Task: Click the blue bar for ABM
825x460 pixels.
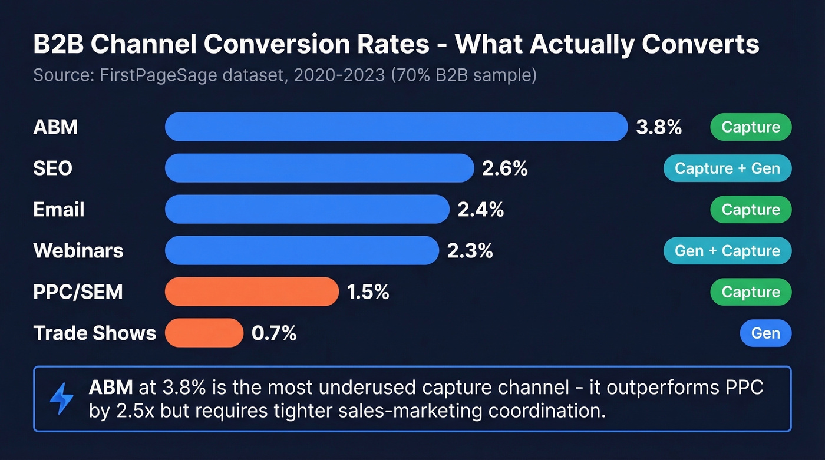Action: [396, 127]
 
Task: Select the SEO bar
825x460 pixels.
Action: [319, 168]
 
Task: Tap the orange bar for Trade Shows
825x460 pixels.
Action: [204, 333]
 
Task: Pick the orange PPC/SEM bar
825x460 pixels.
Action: [252, 292]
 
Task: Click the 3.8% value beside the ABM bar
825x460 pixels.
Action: [659, 127]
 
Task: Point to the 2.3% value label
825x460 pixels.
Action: [470, 250]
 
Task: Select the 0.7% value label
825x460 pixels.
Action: [274, 333]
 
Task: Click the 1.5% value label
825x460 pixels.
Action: [368, 292]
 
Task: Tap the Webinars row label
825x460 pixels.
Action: [78, 250]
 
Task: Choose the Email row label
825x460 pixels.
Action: [59, 209]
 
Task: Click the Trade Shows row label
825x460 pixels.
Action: [95, 333]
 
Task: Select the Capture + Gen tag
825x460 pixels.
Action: [727, 168]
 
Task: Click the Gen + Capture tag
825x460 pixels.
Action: [727, 250]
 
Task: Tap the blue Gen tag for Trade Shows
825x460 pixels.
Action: [765, 333]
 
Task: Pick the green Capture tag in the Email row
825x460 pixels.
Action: [751, 209]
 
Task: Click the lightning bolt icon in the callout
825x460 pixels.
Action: [61, 399]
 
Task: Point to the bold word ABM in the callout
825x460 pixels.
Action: [110, 388]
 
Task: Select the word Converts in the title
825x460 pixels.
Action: [701, 44]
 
